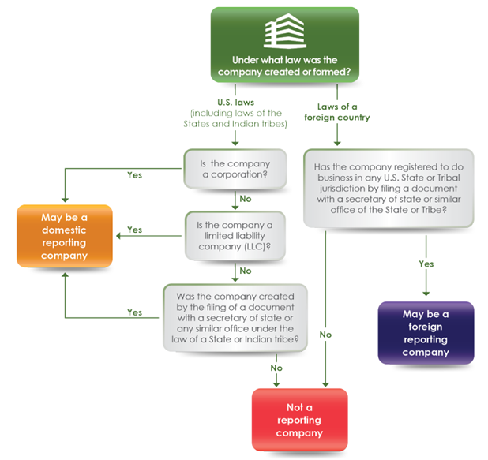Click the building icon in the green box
coord(285,32)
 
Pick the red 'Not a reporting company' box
coord(299,419)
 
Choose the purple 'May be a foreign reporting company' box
coord(426,332)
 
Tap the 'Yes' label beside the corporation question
coord(134,175)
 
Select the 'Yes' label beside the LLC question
coord(134,230)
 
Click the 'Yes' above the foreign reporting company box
coord(426,264)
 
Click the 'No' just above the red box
coord(276,368)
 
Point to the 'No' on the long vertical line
coord(325,335)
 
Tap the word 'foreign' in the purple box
coord(426,326)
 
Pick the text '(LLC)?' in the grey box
coord(257,248)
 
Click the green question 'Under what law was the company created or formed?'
coord(285,66)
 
